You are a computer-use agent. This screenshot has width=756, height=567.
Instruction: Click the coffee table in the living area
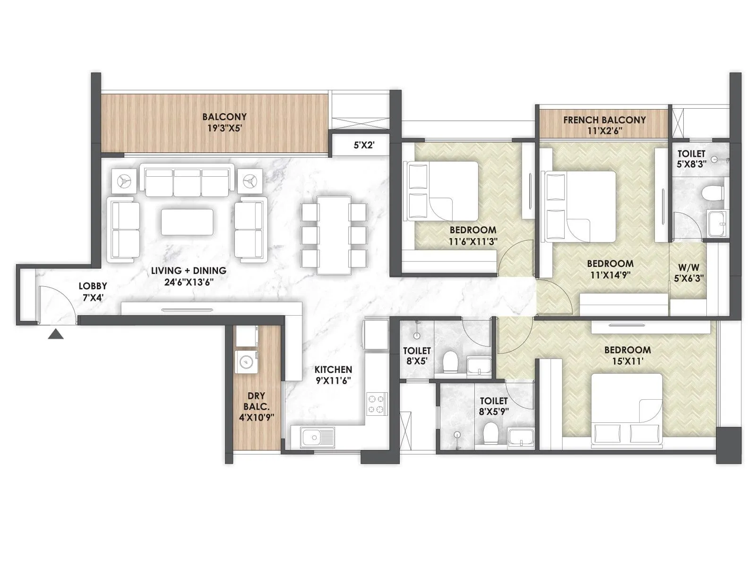(x=187, y=222)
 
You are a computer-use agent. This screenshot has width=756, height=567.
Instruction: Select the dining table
(x=334, y=235)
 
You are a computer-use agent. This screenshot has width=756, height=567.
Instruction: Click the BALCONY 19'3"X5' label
(x=224, y=121)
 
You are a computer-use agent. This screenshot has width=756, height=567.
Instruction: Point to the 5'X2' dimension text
(x=364, y=146)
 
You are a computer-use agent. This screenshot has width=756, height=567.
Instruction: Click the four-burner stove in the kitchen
(x=377, y=404)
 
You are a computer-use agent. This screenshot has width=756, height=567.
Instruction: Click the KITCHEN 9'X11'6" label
(x=333, y=374)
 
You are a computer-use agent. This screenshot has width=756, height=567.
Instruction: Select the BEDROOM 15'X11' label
(x=627, y=355)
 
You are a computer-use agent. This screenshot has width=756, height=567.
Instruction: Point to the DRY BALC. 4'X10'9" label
(x=257, y=406)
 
